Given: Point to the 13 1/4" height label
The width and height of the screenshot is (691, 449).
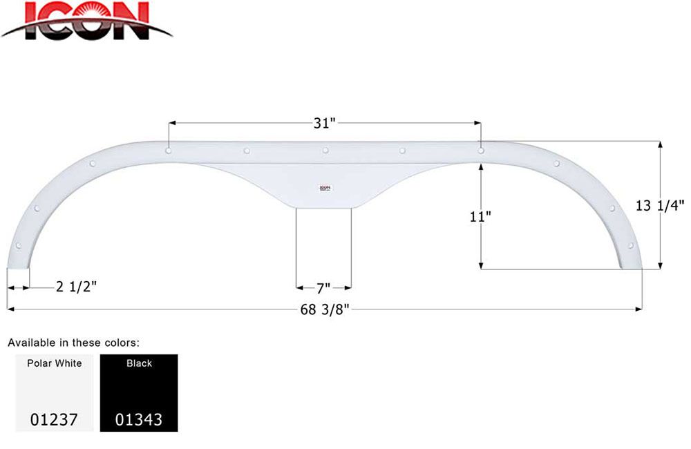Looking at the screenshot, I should click(660, 204).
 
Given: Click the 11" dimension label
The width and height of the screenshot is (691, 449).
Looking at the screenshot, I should click(480, 216).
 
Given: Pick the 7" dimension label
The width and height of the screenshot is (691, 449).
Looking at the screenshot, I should click(323, 287).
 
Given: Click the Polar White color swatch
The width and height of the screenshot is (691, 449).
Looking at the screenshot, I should click(55, 392).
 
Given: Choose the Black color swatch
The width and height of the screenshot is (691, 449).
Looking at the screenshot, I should click(139, 392).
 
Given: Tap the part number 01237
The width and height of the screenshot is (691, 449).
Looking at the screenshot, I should click(55, 419).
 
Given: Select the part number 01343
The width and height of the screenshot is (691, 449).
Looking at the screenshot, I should click(139, 419).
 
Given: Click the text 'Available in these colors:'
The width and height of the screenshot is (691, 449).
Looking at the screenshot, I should click(74, 342).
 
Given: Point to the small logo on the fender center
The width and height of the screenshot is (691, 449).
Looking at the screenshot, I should click(325, 187).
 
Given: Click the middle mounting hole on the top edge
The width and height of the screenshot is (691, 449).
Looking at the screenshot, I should click(325, 150).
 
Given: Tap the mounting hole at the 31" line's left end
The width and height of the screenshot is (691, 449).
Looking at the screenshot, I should click(169, 149).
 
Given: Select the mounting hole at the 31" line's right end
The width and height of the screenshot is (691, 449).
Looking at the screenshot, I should click(481, 149).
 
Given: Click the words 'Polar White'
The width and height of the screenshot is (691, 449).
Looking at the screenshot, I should click(55, 363).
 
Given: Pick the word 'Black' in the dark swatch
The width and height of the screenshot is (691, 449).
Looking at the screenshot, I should click(139, 363).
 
